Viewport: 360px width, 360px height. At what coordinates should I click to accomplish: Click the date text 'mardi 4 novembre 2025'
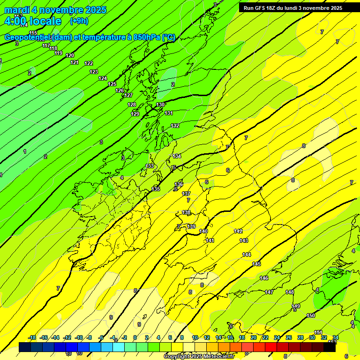(55, 10)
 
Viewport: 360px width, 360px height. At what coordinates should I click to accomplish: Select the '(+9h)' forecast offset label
(79, 21)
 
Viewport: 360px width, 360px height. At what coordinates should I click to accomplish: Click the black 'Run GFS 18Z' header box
(292, 7)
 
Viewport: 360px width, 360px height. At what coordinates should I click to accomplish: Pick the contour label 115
(33, 33)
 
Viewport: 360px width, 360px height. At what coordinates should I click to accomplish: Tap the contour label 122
(89, 63)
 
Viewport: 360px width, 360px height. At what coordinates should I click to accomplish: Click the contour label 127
(128, 95)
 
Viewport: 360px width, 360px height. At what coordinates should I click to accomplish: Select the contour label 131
(169, 113)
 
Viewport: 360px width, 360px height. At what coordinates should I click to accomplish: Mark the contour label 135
(156, 189)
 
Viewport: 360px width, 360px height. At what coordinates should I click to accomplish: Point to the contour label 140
(203, 231)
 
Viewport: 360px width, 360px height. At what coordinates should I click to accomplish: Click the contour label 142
(238, 231)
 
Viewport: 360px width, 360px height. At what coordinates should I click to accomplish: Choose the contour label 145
(256, 264)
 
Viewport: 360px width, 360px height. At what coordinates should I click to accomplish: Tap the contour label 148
(290, 292)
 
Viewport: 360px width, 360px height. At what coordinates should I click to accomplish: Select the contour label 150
(311, 315)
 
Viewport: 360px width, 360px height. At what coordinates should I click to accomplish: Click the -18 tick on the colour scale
(32, 337)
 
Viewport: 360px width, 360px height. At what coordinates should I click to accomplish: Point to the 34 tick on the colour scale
(336, 337)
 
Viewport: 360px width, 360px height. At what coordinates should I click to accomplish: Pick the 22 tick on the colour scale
(265, 337)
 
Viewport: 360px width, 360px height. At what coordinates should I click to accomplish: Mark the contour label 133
(150, 166)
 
